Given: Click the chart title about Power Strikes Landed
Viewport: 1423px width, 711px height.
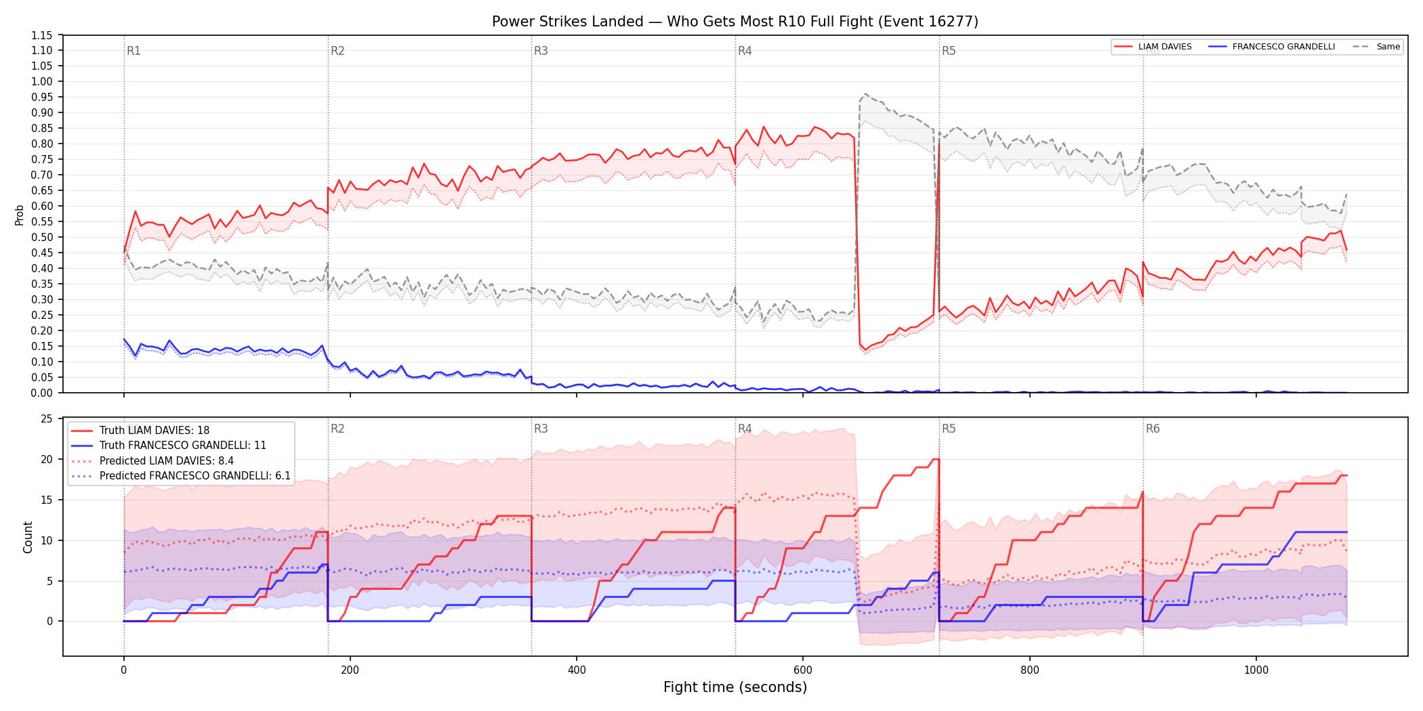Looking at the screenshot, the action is coord(735,22).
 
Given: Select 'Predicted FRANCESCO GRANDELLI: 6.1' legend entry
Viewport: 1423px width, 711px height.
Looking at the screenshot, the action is coord(181,476).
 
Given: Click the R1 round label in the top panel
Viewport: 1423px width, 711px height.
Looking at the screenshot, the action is coord(133,51).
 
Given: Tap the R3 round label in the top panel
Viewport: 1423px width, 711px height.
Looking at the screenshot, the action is coord(541,51).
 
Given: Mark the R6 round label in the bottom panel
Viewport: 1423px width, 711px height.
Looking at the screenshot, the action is coord(1153,429).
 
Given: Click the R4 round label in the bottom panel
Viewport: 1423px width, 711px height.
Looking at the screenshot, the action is coord(745,429).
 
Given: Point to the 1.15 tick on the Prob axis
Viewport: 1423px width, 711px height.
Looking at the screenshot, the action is coord(42,35).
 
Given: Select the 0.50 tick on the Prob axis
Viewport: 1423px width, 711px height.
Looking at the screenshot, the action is coord(42,237).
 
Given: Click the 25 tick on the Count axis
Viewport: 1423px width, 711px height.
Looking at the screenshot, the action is coord(46,418).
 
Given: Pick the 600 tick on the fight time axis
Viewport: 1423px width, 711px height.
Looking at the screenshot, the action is coord(803,670).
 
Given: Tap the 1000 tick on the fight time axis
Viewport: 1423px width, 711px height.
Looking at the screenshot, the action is coord(1256,670).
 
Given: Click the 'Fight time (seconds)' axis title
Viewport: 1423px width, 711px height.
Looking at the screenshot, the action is coord(735,687).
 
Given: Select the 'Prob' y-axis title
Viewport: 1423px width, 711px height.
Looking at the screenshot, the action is coord(20,215).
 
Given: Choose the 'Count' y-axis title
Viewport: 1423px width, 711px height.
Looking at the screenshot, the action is coord(28,537).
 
